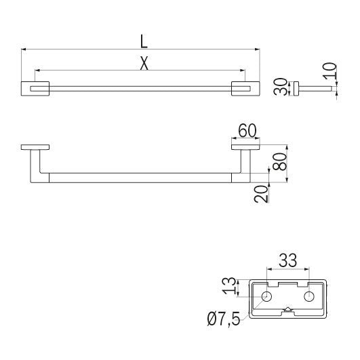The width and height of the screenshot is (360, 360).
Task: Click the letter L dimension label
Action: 144,40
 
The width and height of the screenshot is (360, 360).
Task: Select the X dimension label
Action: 144,62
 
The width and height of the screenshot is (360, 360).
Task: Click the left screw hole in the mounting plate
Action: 266,296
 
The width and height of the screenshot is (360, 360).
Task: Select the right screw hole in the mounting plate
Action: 310,296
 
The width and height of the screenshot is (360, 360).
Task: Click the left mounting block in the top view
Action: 36,89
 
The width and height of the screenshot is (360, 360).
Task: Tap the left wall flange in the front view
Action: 35,147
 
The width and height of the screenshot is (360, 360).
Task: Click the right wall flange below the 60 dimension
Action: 245,147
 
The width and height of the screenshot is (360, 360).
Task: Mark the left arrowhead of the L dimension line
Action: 24,49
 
